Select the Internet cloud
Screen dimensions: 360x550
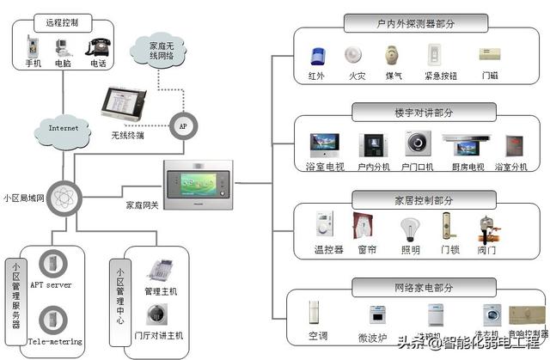(63, 130)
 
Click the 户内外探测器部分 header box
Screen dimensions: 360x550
(403, 22)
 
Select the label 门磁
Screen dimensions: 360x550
(490, 76)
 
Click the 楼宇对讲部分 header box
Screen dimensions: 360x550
(403, 111)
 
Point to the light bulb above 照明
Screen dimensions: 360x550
(410, 228)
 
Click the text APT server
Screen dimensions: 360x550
(51, 284)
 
